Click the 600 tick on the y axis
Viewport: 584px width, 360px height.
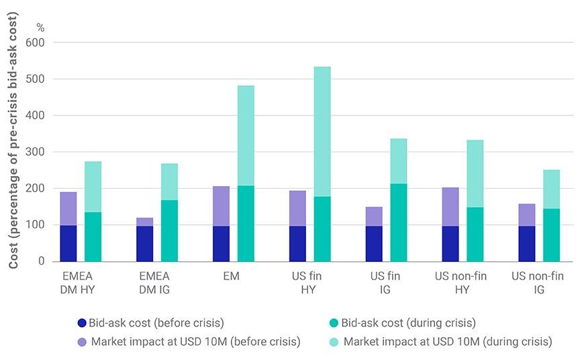[x=35, y=42]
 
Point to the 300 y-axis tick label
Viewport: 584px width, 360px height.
[x=35, y=152]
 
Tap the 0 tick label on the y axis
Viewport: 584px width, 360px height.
[x=42, y=261]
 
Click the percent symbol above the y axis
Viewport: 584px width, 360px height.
[x=40, y=28]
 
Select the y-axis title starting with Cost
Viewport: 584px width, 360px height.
[x=13, y=140]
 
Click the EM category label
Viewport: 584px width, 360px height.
[x=232, y=276]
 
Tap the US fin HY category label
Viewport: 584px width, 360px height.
[x=307, y=283]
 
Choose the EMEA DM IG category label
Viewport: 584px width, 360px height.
[x=154, y=283]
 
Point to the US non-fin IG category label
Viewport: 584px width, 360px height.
[x=538, y=283]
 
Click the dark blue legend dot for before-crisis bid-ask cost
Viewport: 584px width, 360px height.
[x=82, y=323]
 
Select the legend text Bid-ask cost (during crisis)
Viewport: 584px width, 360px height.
[x=409, y=323]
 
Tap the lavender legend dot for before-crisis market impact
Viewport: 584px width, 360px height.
[x=82, y=342]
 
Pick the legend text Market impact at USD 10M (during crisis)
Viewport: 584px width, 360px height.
[x=448, y=342]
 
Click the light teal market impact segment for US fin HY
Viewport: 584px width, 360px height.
[x=322, y=132]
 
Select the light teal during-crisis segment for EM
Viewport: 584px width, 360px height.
[x=246, y=136]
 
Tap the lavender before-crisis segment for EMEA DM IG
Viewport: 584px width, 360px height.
[x=145, y=222]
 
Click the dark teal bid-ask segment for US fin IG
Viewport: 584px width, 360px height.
[x=399, y=222]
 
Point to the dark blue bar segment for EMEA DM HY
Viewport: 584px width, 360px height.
[x=68, y=243]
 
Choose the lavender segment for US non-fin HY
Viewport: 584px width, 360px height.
[x=450, y=207]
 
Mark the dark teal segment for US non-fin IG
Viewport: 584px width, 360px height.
[x=551, y=235]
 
